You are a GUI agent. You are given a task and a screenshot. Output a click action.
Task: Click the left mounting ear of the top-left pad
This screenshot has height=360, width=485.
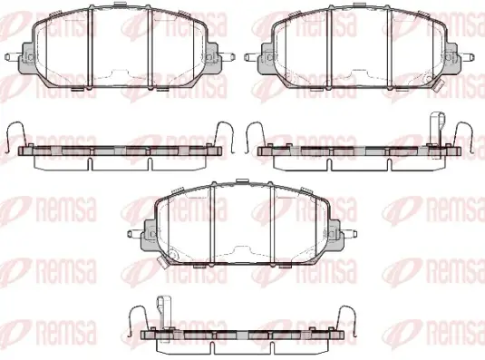[26, 58]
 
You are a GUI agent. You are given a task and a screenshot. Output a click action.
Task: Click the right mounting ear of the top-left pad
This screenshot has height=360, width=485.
[214, 58]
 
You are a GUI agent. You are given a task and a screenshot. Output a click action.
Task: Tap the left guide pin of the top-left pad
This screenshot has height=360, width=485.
[13, 57]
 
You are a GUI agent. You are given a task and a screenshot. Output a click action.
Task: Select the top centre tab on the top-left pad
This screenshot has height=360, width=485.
[121, 5]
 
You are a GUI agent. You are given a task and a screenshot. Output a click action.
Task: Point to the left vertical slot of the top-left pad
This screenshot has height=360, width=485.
[90, 48]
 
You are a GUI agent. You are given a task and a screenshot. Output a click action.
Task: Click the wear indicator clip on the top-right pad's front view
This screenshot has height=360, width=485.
[438, 84]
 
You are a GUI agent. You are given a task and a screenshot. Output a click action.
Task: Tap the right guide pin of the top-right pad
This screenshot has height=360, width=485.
[467, 57]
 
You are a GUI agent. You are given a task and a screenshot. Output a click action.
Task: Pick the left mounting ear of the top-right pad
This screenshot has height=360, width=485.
[266, 58]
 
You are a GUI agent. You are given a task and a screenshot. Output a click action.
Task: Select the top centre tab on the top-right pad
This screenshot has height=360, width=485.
[360, 5]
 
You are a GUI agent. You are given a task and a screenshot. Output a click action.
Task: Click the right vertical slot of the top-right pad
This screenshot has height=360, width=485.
[389, 48]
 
